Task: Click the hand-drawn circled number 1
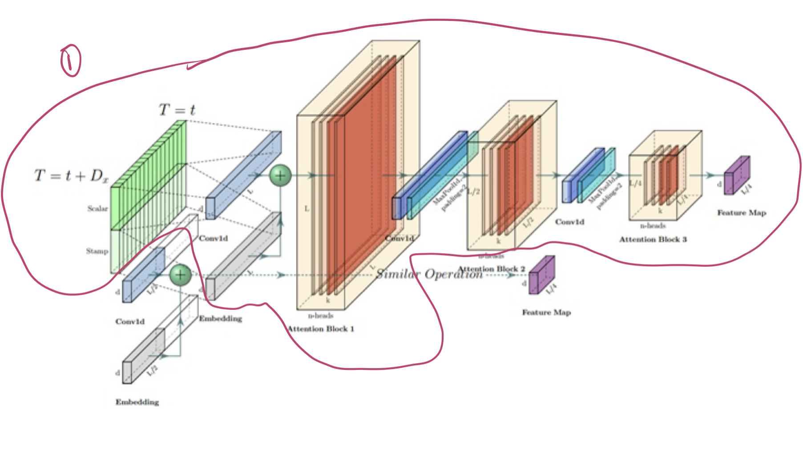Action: tap(70, 60)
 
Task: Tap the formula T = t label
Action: tap(177, 109)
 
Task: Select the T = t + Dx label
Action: tap(71, 176)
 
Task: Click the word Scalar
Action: tap(97, 208)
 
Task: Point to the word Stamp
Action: tap(97, 251)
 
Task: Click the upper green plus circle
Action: tap(280, 175)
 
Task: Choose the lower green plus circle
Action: tap(180, 275)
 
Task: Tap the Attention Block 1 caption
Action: tap(321, 329)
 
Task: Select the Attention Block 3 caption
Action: tap(653, 239)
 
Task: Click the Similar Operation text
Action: tap(429, 274)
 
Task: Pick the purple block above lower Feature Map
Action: tap(541, 275)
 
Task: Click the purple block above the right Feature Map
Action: tap(737, 175)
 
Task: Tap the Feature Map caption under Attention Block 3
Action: tap(742, 213)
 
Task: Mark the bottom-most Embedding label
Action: tap(137, 402)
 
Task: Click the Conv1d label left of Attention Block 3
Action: tap(569, 222)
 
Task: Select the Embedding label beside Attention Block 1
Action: tap(221, 319)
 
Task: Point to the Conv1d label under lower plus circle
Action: tap(130, 321)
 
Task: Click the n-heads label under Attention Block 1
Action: tap(321, 316)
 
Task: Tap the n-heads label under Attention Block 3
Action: tap(653, 226)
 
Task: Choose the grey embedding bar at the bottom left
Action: tap(143, 356)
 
